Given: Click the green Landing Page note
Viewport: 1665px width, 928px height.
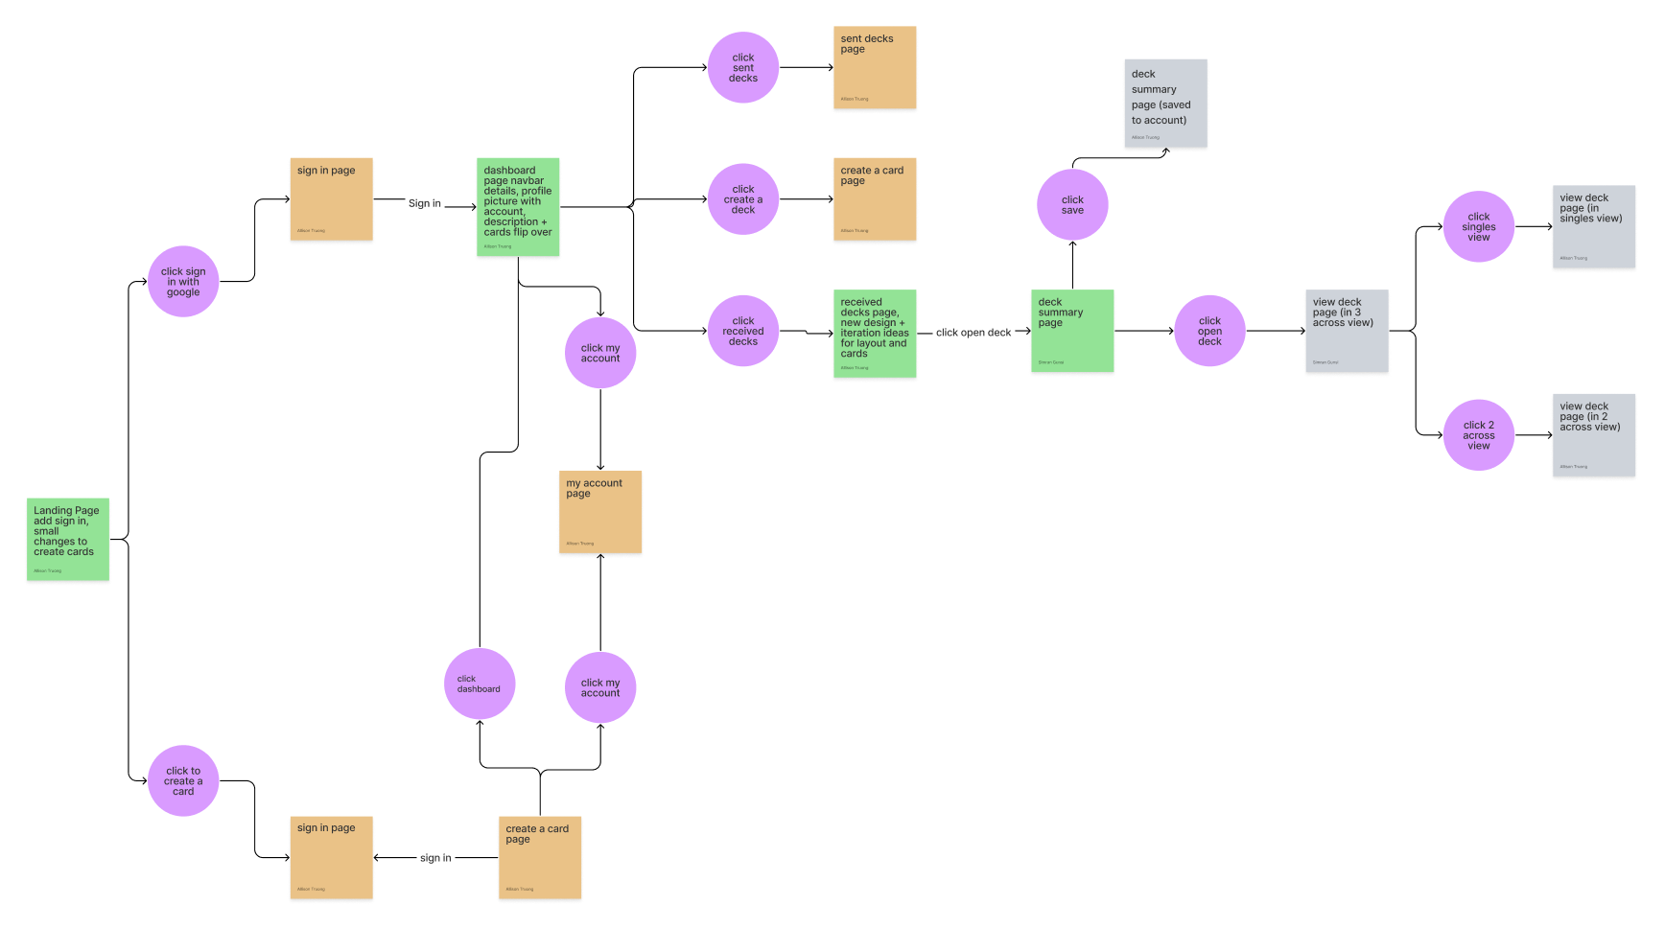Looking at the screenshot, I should [x=67, y=539].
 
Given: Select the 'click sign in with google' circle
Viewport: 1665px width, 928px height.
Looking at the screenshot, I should [x=183, y=282].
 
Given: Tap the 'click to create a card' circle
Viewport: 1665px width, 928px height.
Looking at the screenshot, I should [x=183, y=781].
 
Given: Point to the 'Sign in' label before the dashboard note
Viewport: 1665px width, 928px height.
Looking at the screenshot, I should [x=425, y=203].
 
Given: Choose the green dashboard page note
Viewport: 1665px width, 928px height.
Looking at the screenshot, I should [x=518, y=207].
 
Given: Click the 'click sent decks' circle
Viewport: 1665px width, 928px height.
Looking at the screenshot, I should [x=743, y=68].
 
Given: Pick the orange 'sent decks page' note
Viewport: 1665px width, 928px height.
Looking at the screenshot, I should [x=875, y=67].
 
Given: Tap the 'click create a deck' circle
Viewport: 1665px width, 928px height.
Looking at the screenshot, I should [x=743, y=199].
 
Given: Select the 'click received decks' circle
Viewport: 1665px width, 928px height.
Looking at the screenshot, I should [x=743, y=331].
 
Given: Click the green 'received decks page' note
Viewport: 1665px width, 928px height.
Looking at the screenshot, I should [x=875, y=333].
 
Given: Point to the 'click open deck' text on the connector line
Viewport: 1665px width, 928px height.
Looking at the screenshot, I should [x=973, y=333].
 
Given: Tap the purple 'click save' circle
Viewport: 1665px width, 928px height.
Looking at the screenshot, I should [x=1072, y=205].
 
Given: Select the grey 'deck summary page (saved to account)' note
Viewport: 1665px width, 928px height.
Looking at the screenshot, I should [x=1165, y=104].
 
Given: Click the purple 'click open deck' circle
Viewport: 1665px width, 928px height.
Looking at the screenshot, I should [x=1209, y=331].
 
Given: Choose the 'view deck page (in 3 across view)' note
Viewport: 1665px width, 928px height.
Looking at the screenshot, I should [x=1347, y=331].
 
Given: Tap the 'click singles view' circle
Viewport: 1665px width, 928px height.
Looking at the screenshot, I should [x=1478, y=227].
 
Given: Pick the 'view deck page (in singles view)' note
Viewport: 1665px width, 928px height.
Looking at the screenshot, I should [x=1593, y=226].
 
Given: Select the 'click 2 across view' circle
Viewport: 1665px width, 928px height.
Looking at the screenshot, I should [x=1478, y=435].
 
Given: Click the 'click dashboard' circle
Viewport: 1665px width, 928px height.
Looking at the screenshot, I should [x=480, y=684].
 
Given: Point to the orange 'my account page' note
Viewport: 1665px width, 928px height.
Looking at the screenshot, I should [x=600, y=512].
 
